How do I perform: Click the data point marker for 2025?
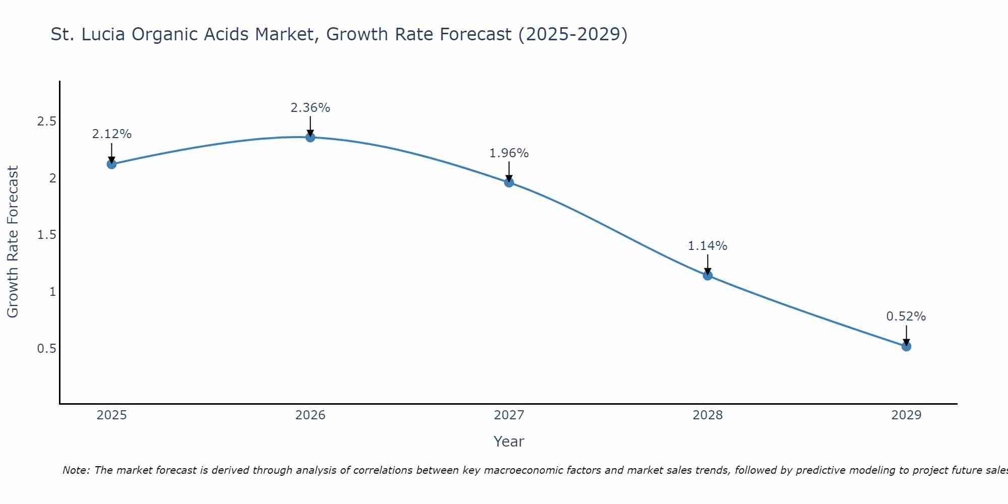click(x=112, y=164)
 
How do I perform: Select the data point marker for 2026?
click(x=310, y=137)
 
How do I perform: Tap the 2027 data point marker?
click(x=509, y=182)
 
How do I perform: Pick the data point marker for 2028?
click(x=708, y=275)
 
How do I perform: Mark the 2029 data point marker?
click(x=906, y=346)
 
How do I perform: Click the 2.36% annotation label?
click(x=310, y=108)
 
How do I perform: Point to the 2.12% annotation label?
click(x=112, y=134)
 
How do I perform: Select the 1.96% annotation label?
click(x=509, y=153)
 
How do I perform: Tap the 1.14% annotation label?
click(x=708, y=246)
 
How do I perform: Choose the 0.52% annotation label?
click(x=906, y=317)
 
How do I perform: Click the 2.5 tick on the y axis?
click(x=46, y=121)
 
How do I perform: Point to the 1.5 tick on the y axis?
click(x=46, y=235)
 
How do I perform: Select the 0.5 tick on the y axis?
click(x=46, y=349)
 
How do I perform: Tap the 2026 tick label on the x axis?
click(x=310, y=415)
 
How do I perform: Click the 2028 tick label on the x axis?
click(x=708, y=415)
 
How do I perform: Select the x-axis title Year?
click(x=509, y=442)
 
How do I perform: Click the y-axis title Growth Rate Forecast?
click(x=13, y=242)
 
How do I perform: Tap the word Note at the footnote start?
click(x=76, y=470)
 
